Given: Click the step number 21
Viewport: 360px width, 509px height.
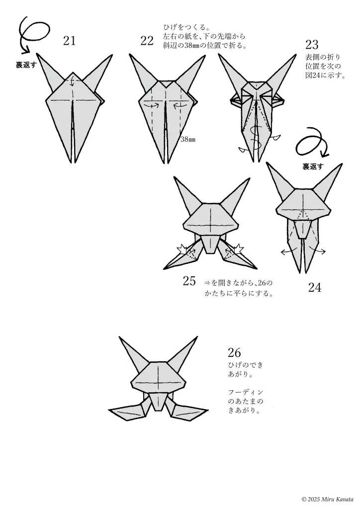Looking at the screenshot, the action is coord(69,41).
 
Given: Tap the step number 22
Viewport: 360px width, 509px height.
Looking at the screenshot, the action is coord(147,41).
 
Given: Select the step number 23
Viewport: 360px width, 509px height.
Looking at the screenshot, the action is coord(312,44).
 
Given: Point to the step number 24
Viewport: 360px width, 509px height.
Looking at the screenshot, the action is coord(315,287).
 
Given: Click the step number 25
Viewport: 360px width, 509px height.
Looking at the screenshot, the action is coord(189,281).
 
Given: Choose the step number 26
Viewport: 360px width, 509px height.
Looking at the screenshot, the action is coord(234,352).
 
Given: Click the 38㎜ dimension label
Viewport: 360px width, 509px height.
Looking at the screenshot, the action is coord(188,140).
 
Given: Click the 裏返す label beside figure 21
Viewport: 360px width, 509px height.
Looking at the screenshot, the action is coord(26,65).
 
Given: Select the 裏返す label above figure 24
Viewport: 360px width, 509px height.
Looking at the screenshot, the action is coord(313,167).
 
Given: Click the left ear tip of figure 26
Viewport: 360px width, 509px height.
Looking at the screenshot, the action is coord(119,338).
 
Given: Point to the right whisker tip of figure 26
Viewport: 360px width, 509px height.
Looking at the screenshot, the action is coord(207,410).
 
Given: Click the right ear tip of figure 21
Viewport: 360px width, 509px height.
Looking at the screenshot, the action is coord(112,55).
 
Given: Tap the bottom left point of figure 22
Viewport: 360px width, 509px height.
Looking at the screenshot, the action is coord(162,163).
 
